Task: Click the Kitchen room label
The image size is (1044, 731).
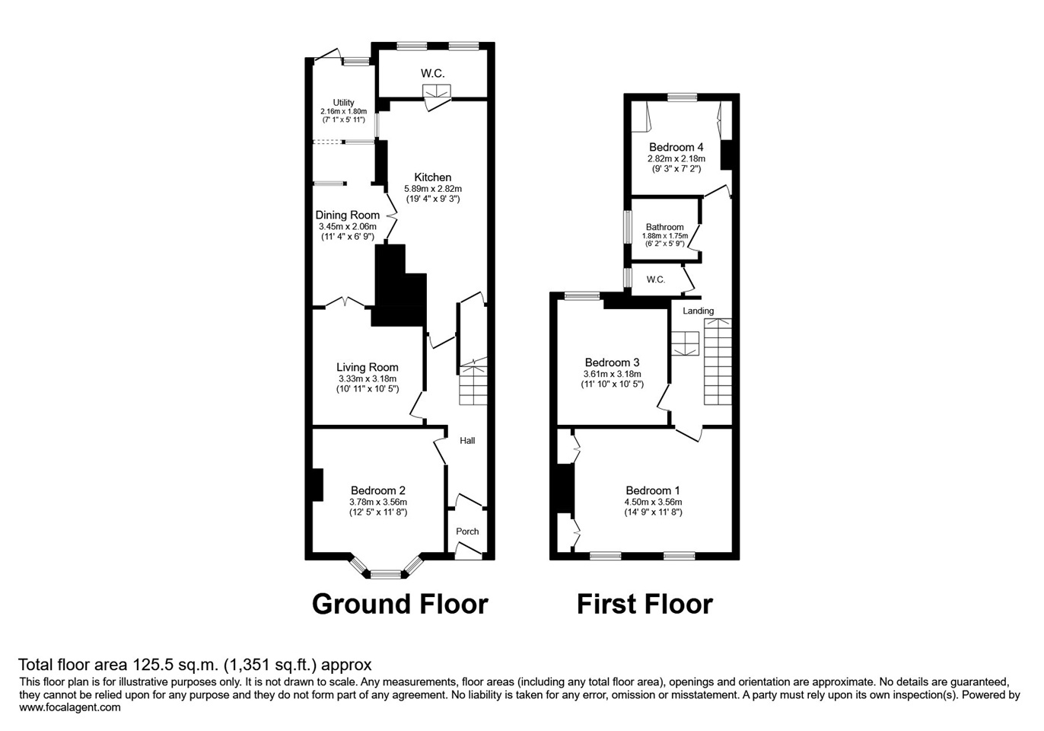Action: point(433,177)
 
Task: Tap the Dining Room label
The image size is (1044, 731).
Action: point(347,215)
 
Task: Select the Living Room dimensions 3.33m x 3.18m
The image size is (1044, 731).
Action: point(368,378)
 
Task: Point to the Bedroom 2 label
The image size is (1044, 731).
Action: point(378,490)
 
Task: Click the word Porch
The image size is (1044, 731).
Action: point(467,531)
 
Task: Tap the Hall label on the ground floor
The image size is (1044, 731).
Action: point(467,440)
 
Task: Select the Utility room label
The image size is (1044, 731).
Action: point(343,103)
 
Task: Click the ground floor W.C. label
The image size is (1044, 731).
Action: point(432,73)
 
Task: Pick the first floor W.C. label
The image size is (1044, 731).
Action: point(656,279)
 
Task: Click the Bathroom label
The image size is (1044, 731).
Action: point(664,227)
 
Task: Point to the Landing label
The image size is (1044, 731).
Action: point(699,311)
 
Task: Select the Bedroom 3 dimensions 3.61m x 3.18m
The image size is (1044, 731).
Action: point(612,374)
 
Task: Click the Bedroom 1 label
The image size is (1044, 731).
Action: point(653,490)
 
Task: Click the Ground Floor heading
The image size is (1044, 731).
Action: point(400,604)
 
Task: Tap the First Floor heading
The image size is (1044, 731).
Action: point(645,604)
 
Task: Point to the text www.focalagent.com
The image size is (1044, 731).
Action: point(70,707)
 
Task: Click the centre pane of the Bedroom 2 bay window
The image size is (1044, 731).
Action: point(386,574)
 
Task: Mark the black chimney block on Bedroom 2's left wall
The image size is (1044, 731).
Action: point(317,484)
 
